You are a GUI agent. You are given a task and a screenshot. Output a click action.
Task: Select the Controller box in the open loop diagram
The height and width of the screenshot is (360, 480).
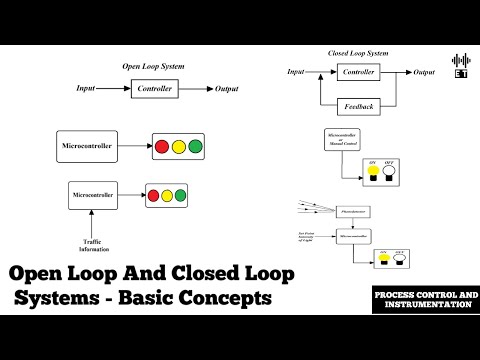pos(153,89)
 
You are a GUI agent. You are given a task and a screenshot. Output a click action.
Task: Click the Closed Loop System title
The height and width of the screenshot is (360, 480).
pos(358,52)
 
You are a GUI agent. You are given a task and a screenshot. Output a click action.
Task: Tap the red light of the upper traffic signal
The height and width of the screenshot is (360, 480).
pos(163,148)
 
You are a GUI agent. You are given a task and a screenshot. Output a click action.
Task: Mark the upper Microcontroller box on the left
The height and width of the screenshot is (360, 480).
pos(89,147)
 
